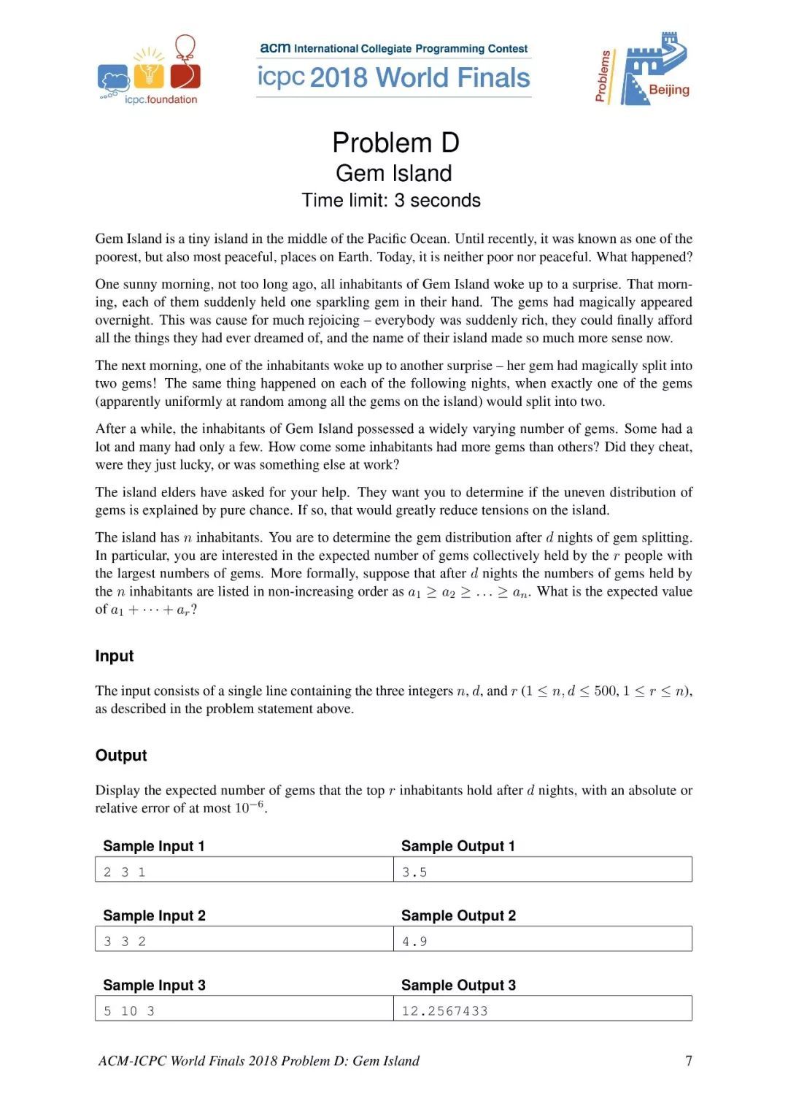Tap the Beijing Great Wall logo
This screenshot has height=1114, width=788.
653,69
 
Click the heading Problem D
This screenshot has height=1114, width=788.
395,142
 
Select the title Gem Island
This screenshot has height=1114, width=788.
393,173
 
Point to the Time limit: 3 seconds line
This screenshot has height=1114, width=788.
391,200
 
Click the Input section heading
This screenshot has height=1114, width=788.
115,656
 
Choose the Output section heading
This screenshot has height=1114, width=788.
121,755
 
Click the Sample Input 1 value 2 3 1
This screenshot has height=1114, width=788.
124,872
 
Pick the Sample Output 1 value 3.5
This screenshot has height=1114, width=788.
414,872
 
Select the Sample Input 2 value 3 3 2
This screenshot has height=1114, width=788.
124,941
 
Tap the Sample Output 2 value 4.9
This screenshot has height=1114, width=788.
414,941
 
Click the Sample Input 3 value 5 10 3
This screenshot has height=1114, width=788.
128,1010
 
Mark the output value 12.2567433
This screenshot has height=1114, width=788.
444,1010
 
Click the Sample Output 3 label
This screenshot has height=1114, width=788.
458,985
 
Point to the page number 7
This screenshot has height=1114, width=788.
688,1060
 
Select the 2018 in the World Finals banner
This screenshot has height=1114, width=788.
340,77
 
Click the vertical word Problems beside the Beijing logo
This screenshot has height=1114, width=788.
603,76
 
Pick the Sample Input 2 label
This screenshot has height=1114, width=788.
154,915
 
